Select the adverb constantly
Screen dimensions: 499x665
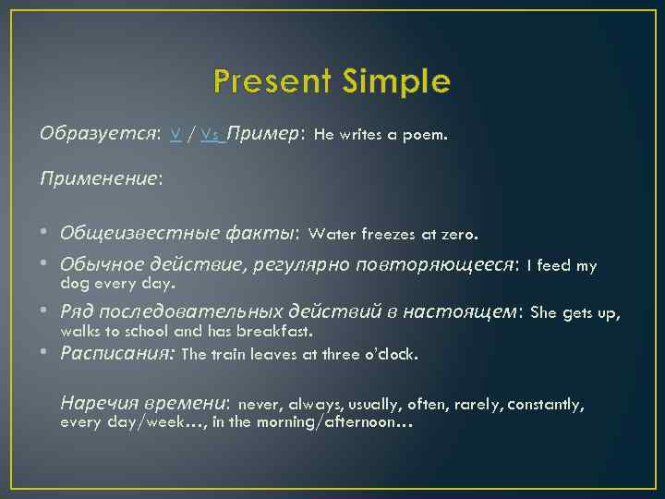pyautogui.click(x=547, y=405)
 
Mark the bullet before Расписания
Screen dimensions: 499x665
pyautogui.click(x=44, y=351)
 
